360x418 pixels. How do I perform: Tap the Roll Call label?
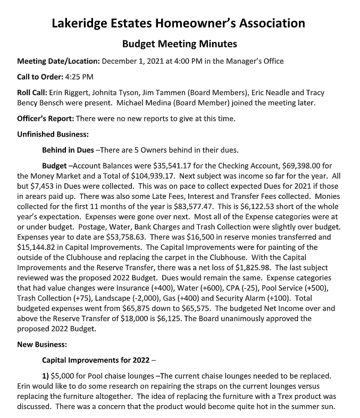pos(34,93)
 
